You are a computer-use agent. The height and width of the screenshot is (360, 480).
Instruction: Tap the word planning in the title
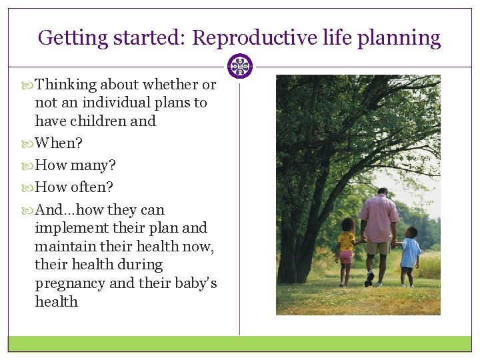tap(399, 38)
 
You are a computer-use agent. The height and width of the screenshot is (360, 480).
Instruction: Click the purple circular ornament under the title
tap(240, 67)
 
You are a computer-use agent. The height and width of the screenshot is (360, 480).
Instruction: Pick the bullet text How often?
tap(74, 187)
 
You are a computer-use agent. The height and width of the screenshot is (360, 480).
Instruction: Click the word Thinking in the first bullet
tap(66, 85)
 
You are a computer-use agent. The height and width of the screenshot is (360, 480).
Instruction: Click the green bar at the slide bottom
tap(240, 343)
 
